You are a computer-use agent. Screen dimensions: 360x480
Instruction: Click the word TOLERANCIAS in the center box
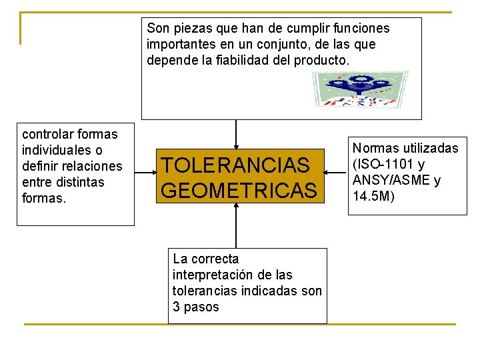click(x=235, y=165)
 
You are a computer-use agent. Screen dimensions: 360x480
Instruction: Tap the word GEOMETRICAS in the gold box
click(x=239, y=191)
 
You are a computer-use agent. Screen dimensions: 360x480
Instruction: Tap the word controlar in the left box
click(x=48, y=134)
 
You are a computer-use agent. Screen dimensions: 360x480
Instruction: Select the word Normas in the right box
click(x=375, y=148)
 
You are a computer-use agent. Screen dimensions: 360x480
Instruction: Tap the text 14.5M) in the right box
click(x=374, y=196)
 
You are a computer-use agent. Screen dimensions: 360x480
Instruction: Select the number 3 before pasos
click(x=176, y=307)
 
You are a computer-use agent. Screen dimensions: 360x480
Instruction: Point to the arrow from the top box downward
click(x=236, y=134)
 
